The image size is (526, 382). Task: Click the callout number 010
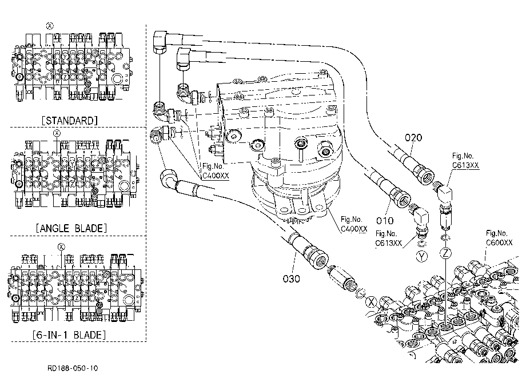(x=384, y=221)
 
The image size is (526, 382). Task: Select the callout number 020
(x=413, y=137)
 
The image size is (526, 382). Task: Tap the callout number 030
(x=291, y=278)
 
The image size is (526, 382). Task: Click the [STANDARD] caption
(x=69, y=121)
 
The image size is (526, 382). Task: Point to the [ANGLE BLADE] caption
(x=71, y=228)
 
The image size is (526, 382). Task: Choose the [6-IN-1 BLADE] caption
(x=69, y=335)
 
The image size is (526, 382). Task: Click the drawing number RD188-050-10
(x=73, y=368)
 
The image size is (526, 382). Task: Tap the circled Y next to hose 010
(x=422, y=257)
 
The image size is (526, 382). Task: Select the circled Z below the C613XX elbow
(x=445, y=253)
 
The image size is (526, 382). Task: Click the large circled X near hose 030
(x=372, y=302)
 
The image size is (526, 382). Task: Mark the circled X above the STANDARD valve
(x=50, y=26)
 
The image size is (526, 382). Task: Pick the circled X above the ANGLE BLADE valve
(x=57, y=133)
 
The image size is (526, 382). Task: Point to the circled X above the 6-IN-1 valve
(x=61, y=247)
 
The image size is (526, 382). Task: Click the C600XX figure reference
(x=499, y=238)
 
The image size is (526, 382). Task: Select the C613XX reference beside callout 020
(x=465, y=160)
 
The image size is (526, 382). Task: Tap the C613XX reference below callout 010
(x=388, y=238)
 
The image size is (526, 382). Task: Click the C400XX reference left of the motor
(x=216, y=171)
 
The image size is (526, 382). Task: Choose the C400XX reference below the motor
(x=354, y=224)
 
